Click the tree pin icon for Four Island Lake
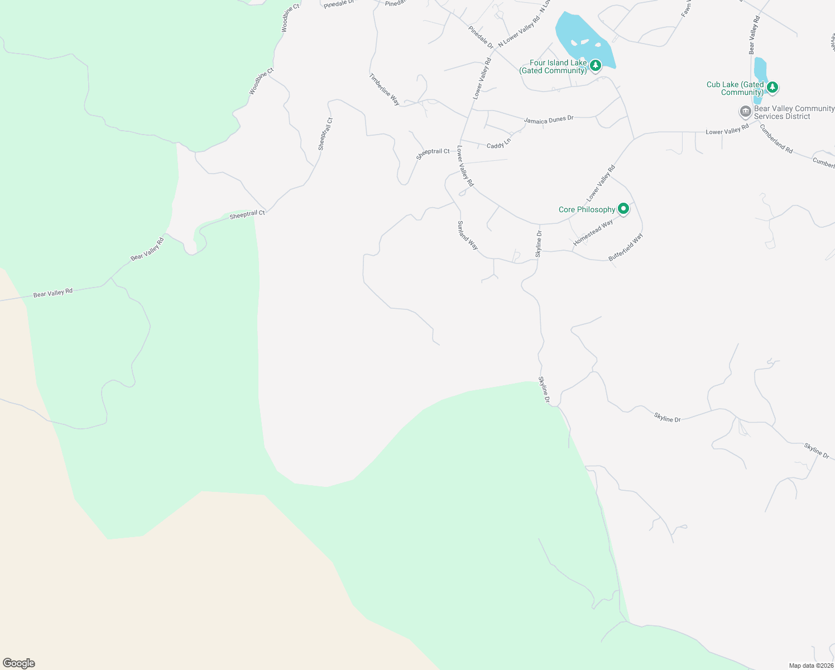pyautogui.click(x=596, y=66)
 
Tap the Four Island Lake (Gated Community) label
pyautogui.click(x=553, y=67)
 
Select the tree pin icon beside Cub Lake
pyautogui.click(x=772, y=87)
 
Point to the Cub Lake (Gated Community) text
pyautogui.click(x=735, y=88)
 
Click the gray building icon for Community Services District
pyautogui.click(x=745, y=112)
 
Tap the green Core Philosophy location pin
pyautogui.click(x=623, y=209)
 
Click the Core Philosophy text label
pyautogui.click(x=587, y=209)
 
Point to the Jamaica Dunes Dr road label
pyautogui.click(x=549, y=119)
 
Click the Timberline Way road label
pyautogui.click(x=384, y=89)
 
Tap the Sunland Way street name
pyautogui.click(x=468, y=235)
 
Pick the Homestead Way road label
pyautogui.click(x=593, y=233)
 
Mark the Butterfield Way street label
pyautogui.click(x=626, y=247)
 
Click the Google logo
pyautogui.click(x=18, y=663)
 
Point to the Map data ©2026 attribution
pyautogui.click(x=811, y=666)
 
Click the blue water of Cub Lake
pyautogui.click(x=760, y=70)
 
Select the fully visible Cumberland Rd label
pyautogui.click(x=776, y=138)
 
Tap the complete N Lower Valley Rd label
pyautogui.click(x=520, y=31)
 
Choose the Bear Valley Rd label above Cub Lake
pyautogui.click(x=754, y=35)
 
